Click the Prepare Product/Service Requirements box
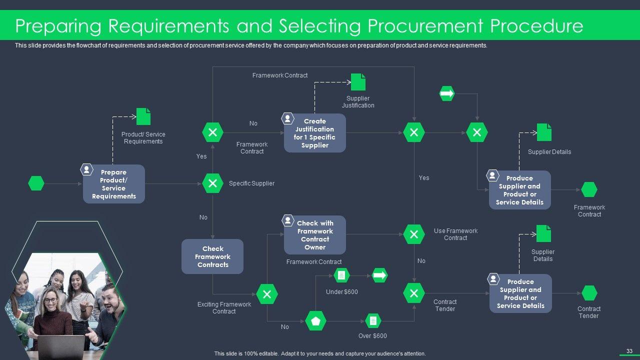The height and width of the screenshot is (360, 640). [x=114, y=184]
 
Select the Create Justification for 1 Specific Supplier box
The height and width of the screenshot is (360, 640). [x=315, y=133]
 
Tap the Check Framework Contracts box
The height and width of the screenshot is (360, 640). [x=212, y=256]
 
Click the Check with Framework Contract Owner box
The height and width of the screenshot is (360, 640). [x=315, y=235]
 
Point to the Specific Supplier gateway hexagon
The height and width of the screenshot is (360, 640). [x=212, y=183]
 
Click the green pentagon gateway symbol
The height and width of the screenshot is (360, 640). [x=315, y=321]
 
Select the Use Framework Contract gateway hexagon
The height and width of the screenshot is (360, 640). [x=414, y=234]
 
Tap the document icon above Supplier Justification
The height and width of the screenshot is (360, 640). [x=358, y=82]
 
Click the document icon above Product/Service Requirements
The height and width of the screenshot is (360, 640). [x=143, y=116]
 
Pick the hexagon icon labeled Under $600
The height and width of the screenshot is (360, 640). [x=341, y=275]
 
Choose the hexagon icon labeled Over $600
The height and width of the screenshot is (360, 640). [x=372, y=320]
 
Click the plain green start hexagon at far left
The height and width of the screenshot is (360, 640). [x=36, y=183]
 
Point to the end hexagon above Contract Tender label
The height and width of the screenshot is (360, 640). [x=589, y=293]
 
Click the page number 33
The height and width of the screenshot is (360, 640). [x=629, y=351]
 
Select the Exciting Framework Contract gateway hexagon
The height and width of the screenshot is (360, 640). [x=267, y=294]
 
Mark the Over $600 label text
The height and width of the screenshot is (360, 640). [x=372, y=336]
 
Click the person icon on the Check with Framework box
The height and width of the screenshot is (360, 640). [x=288, y=220]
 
